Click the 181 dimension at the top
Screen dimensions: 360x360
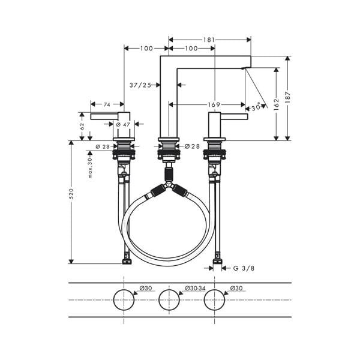tap(209, 40)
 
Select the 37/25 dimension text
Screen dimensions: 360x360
tap(140, 85)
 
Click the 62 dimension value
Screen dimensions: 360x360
tap(82, 127)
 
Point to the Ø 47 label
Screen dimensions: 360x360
tap(123, 124)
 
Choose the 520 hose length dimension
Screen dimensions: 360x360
tap(71, 194)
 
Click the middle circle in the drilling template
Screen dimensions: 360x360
tap(169, 299)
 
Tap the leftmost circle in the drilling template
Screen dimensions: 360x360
tap(124, 299)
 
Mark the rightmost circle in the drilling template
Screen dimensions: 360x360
tap(214, 299)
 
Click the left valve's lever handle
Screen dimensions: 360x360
tap(105, 116)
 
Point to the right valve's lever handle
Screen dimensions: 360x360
tap(235, 116)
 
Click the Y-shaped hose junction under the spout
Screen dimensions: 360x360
tap(169, 186)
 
